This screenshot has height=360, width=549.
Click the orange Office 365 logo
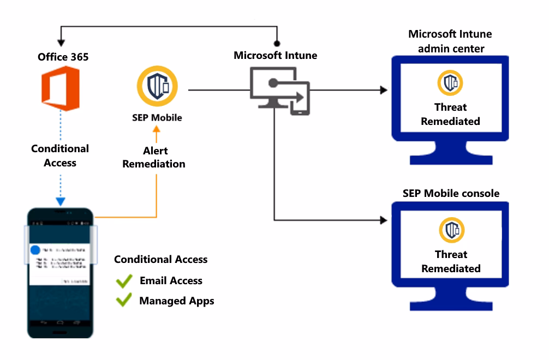click(61, 88)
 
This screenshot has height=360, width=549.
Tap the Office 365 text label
click(63, 57)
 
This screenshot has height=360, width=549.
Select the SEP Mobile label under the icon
click(157, 117)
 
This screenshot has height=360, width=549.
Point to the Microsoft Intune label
click(275, 55)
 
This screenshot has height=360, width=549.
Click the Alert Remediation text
click(154, 157)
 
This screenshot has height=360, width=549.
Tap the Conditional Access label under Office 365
click(60, 155)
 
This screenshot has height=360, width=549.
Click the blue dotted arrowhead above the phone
click(61, 201)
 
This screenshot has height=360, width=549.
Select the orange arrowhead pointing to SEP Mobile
click(157, 130)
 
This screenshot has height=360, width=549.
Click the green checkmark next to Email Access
click(124, 281)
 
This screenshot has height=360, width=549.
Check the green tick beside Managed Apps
click(124, 300)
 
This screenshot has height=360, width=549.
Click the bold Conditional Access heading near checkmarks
click(160, 259)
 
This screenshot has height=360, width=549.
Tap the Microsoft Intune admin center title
click(450, 41)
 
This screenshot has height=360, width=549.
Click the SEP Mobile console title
click(451, 193)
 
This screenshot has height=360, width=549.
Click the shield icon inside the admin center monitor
click(450, 83)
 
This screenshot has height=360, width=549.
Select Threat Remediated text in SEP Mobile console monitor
click(451, 261)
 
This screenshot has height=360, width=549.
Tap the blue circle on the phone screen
click(35, 250)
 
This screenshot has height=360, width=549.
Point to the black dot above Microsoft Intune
click(278, 43)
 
